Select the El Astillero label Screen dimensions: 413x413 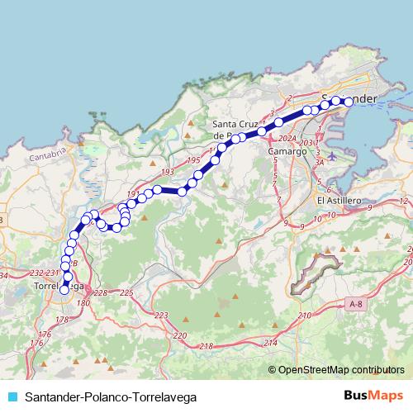click(339, 201)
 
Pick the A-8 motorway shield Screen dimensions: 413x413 click(356, 305)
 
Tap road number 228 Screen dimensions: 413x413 click(101, 293)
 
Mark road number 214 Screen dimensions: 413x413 click(270, 342)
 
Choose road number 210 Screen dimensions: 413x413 click(305, 316)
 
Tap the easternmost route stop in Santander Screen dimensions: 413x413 click(348, 102)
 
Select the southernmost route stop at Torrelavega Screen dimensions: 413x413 click(64, 289)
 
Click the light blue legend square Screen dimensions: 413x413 click(10, 396)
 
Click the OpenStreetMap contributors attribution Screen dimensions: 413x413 click(340, 369)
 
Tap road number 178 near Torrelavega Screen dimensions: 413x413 click(61, 319)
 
